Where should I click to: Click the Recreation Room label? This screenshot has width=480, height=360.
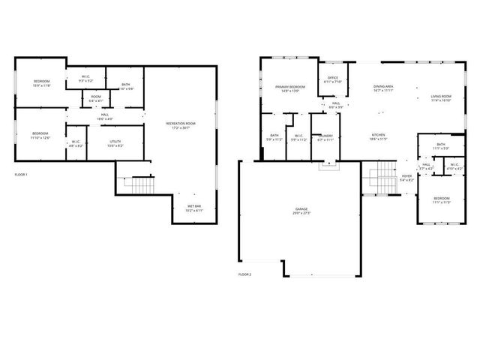[x=181, y=125]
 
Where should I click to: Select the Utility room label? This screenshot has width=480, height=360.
[x=115, y=143]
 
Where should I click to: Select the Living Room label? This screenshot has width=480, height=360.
[x=440, y=98]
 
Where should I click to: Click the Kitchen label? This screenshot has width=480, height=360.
[x=376, y=137]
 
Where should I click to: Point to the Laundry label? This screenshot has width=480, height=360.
[x=324, y=137]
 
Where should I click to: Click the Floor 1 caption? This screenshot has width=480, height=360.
[x=21, y=175]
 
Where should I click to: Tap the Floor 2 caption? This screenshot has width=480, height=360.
[x=244, y=274]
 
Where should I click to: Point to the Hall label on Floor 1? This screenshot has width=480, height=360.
[x=105, y=116]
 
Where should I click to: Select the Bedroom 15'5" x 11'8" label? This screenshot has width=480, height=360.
[x=41, y=83]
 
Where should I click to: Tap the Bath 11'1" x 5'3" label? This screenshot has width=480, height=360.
[x=441, y=146]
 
